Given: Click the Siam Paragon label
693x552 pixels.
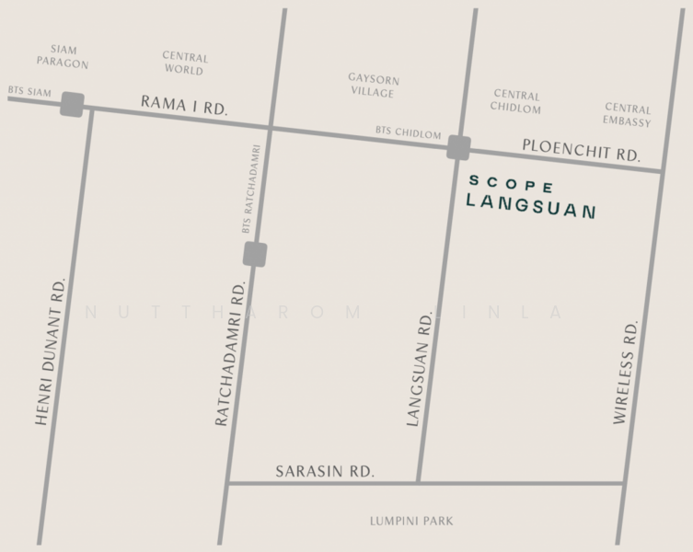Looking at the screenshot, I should coord(63,56).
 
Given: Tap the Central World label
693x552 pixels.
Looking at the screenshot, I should coord(185,63).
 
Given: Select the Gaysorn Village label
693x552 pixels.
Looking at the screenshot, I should coord(372,86).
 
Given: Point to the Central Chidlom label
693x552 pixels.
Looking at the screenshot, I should coord(516,101).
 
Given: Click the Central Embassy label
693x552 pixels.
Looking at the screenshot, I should coord(627,115).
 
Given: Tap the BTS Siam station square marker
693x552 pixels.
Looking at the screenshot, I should coord(73,105).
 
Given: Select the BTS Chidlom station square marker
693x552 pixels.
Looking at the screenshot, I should coord(458,148).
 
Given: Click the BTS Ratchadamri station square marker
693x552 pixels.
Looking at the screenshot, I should coord(256,253).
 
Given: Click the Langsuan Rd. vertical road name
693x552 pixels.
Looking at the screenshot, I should coord(422,365).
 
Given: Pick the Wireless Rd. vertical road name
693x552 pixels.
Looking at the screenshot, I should coord(626,373).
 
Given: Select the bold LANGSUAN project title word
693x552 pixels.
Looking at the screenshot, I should coord(531,205).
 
